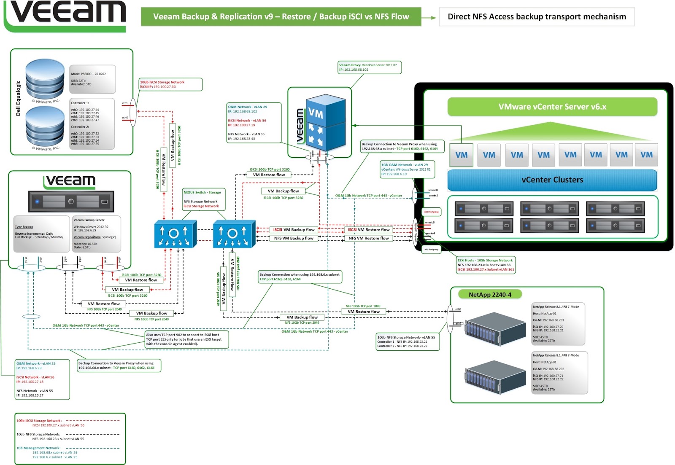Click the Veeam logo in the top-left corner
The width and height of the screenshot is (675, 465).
click(x=65, y=15)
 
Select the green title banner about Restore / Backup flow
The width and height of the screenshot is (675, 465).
click(x=281, y=17)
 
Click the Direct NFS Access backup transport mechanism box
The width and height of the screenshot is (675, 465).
click(x=537, y=17)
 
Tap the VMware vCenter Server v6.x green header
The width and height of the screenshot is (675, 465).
click(x=552, y=107)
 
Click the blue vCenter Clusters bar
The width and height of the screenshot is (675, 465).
click(x=552, y=180)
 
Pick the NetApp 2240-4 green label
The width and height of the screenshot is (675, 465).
click(x=489, y=295)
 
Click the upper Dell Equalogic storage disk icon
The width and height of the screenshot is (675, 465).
click(x=45, y=79)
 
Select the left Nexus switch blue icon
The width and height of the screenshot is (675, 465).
click(x=175, y=234)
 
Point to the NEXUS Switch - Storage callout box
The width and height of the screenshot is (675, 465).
click(x=204, y=199)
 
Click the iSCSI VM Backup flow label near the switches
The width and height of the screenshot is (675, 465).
click(x=294, y=230)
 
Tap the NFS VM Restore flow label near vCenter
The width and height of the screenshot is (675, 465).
click(x=368, y=238)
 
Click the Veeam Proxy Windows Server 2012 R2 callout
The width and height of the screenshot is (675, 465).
click(x=369, y=67)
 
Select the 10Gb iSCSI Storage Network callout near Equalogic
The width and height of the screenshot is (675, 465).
click(x=170, y=84)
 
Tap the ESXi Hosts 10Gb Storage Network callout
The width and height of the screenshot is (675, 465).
click(x=486, y=265)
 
